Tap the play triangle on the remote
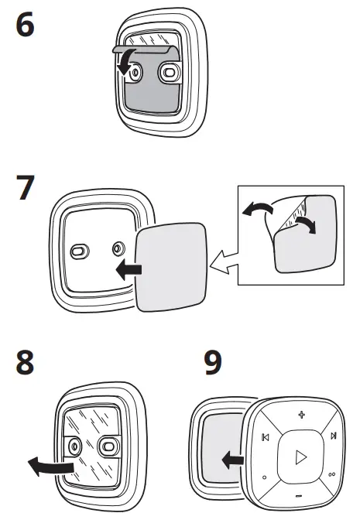pyautogui.click(x=300, y=457)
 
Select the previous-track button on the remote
pyautogui.click(x=266, y=437)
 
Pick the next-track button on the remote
pyautogui.click(x=334, y=436)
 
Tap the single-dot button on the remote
pyautogui.click(x=265, y=477)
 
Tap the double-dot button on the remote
pyautogui.click(x=332, y=474)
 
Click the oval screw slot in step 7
pyautogui.click(x=80, y=251)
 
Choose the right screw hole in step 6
pyautogui.click(x=170, y=73)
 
